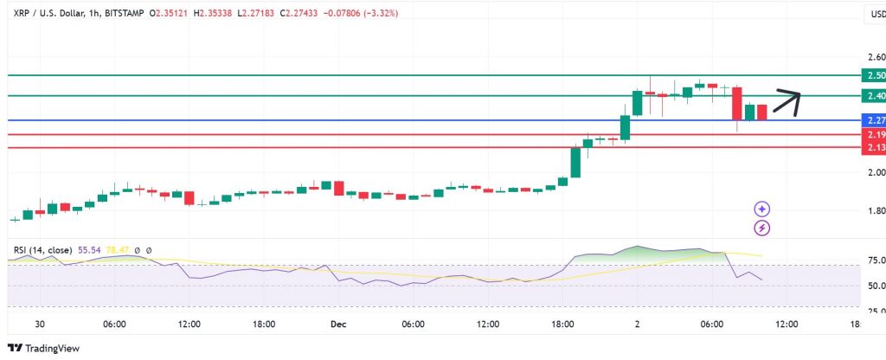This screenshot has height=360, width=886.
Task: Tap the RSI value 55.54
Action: click(89, 250)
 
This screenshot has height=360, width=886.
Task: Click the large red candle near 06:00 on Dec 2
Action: click(737, 103)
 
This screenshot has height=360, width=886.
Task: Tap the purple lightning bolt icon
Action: click(762, 228)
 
